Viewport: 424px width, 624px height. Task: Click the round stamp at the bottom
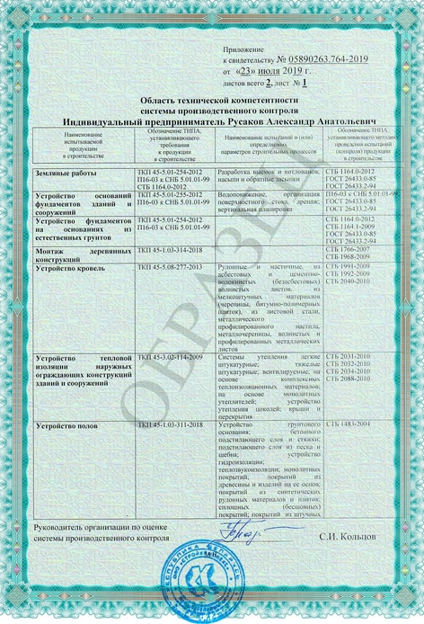(213, 578)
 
